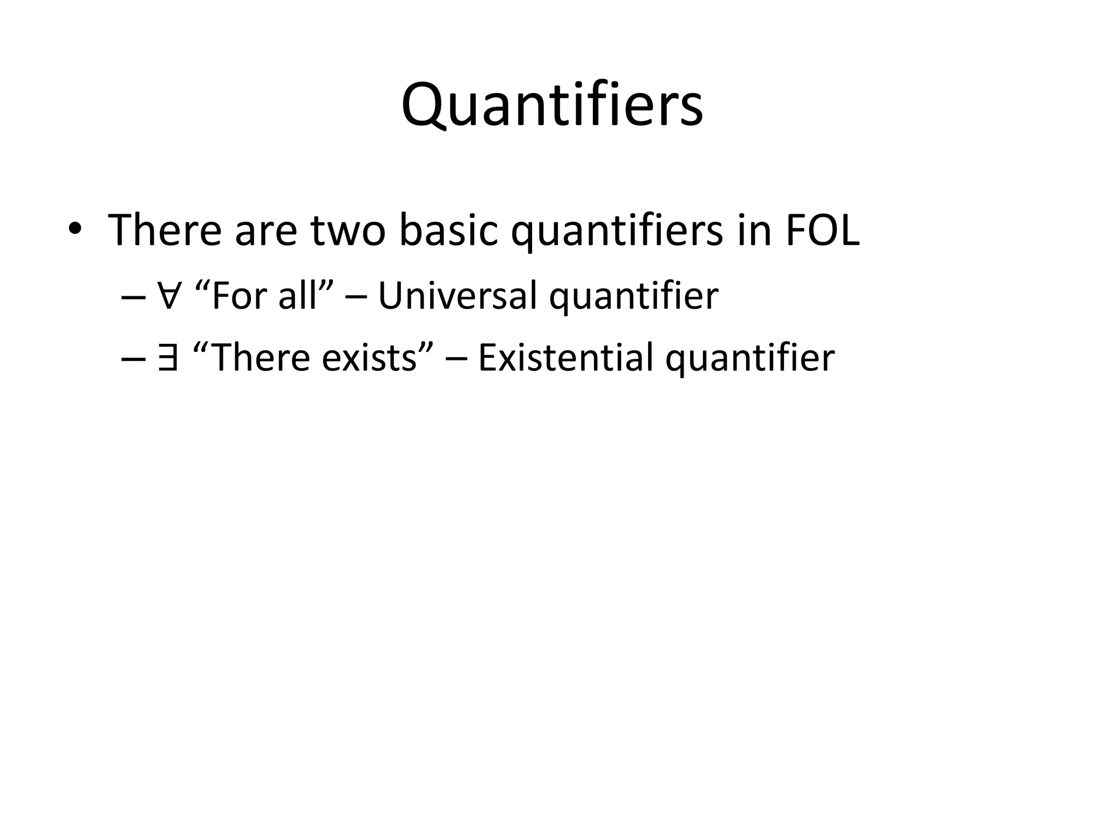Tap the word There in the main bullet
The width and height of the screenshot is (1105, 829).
pyautogui.click(x=165, y=230)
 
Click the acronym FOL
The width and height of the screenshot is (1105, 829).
pyautogui.click(x=822, y=231)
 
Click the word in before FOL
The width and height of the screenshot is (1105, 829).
pyautogui.click(x=754, y=231)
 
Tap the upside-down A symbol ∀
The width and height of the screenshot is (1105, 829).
pyautogui.click(x=168, y=296)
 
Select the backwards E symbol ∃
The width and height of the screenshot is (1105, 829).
pyautogui.click(x=168, y=358)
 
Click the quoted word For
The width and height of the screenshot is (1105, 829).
pyautogui.click(x=240, y=296)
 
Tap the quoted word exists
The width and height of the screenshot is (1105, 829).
pyautogui.click(x=369, y=358)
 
